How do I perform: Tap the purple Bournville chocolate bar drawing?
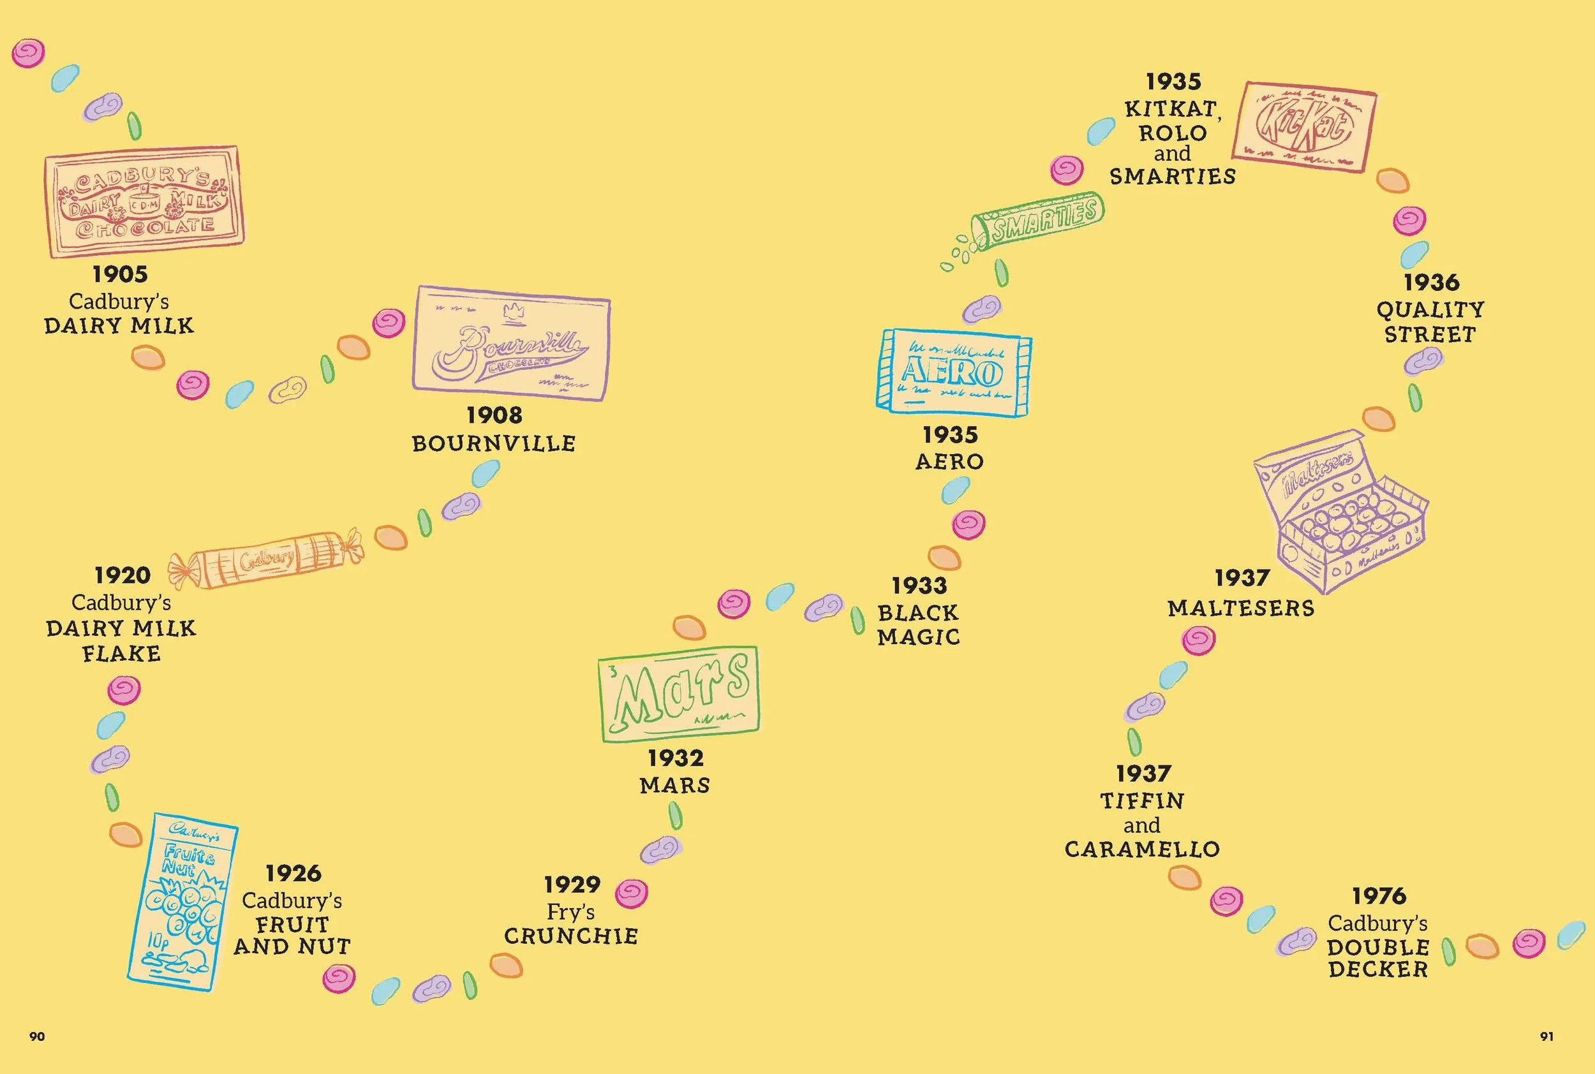pyautogui.click(x=511, y=342)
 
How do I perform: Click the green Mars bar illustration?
pyautogui.click(x=679, y=693)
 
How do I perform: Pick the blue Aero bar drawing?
pyautogui.click(x=954, y=372)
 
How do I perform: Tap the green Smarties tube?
pyautogui.click(x=1039, y=222)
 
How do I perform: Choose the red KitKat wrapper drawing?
pyautogui.click(x=1304, y=128)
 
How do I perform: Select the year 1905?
pyautogui.click(x=120, y=275)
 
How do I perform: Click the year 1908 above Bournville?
pyautogui.click(x=494, y=415)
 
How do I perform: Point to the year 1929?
pyautogui.click(x=572, y=885)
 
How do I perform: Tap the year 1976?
pyautogui.click(x=1379, y=896)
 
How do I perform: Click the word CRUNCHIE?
pyautogui.click(x=571, y=936)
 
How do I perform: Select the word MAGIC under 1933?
pyautogui.click(x=919, y=638)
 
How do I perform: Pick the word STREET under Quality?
pyautogui.click(x=1430, y=335)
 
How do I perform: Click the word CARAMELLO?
pyautogui.click(x=1142, y=850)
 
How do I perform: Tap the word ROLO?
pyautogui.click(x=1172, y=133)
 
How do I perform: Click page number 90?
pyautogui.click(x=37, y=1037)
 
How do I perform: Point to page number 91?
pyautogui.click(x=1547, y=1037)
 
